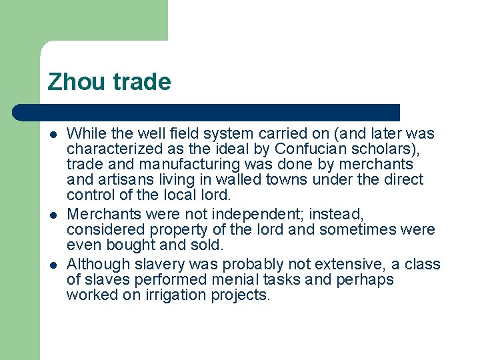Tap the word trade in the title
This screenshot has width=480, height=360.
141,82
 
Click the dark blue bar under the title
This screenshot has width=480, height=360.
207,112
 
